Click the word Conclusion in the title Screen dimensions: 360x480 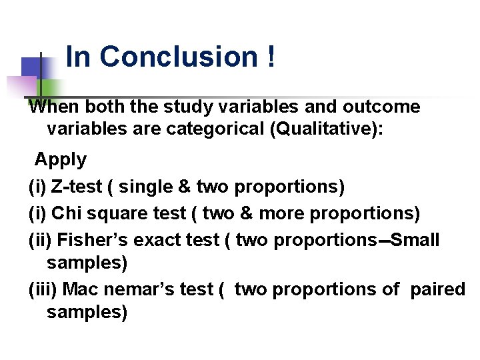[178, 57]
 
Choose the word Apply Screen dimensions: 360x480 [61, 160]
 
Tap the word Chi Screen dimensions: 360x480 [64, 213]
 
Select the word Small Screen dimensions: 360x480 [415, 239]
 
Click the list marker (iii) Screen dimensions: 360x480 [43, 289]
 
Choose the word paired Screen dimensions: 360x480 [437, 289]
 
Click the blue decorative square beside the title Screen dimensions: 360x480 [32, 67]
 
